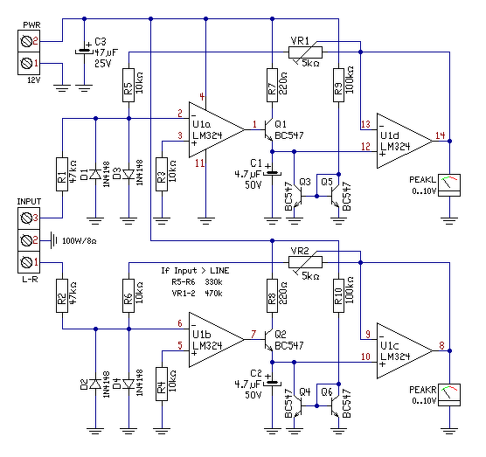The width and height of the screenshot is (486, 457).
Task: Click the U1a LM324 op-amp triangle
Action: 217,130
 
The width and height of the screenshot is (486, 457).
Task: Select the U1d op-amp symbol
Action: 404,141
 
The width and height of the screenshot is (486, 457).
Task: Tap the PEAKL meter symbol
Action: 449,185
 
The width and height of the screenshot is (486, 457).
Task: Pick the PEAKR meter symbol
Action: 449,395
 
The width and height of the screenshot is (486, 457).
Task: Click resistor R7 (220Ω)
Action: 272,86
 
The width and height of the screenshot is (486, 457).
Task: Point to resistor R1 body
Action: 62,174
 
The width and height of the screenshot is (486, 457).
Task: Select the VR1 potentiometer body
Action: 305,52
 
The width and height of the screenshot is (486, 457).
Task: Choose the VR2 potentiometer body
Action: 305,262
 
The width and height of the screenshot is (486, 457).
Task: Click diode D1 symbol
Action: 95,175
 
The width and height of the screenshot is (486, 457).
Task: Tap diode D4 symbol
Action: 128,384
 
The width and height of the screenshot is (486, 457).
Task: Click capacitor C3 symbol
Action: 84,51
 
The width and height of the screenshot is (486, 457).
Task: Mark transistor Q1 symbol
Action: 268,129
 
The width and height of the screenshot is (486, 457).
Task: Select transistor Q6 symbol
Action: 335,405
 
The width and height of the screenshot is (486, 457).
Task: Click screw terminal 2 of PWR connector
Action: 29,41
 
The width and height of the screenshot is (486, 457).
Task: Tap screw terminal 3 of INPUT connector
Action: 29,218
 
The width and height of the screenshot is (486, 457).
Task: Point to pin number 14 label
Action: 441,135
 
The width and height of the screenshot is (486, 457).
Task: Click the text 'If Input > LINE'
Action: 195,271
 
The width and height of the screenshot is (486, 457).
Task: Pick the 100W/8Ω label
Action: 80,241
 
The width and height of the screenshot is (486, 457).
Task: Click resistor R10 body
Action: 338,296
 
